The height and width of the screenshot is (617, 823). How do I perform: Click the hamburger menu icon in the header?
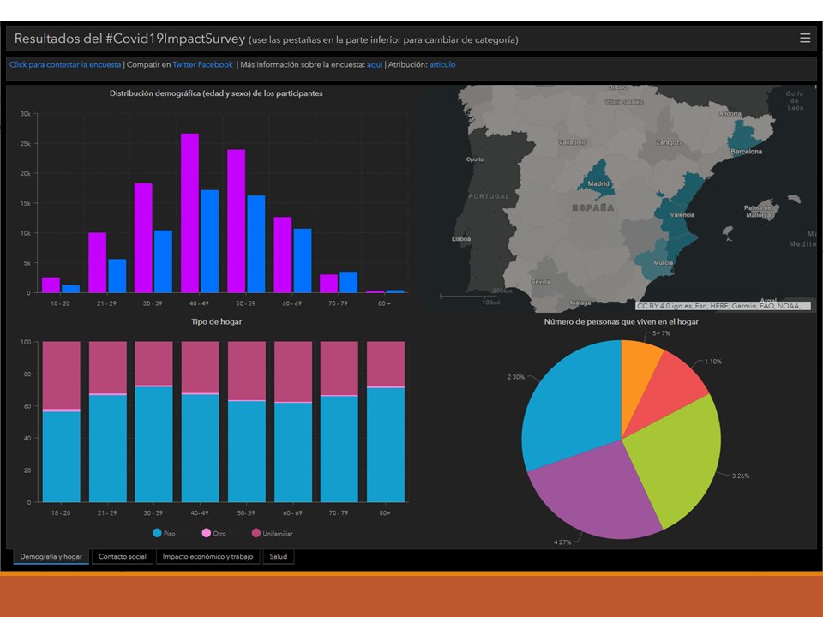[804, 38]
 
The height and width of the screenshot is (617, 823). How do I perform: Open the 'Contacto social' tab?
[123, 557]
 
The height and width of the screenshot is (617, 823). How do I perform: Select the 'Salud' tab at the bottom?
[279, 557]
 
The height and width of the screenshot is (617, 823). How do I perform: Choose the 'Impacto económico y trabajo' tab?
[208, 557]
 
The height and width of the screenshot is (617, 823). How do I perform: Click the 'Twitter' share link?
[184, 64]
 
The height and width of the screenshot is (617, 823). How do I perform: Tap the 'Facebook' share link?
[216, 64]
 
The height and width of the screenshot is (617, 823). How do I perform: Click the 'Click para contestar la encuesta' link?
[65, 64]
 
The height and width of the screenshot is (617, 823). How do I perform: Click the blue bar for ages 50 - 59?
[255, 243]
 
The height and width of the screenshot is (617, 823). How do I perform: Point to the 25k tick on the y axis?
[26, 143]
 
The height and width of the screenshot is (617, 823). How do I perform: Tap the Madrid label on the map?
[598, 183]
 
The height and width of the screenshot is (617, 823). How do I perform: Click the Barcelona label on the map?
[745, 152]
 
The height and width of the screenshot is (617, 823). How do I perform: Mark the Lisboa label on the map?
[461, 238]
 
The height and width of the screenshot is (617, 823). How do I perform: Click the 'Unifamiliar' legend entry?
[277, 533]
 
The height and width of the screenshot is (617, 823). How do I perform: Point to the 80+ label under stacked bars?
[385, 512]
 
